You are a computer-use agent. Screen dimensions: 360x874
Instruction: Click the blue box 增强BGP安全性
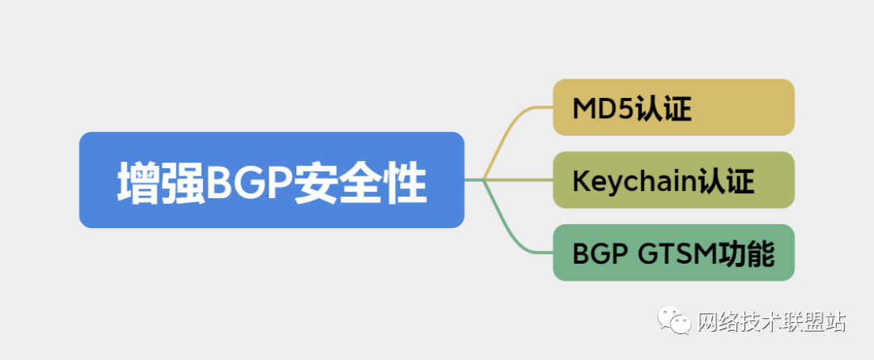tap(271, 180)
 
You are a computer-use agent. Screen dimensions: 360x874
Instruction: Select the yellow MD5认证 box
tap(673, 108)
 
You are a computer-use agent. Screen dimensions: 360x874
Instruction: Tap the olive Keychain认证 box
tap(673, 180)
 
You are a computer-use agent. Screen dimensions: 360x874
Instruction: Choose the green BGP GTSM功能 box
tap(673, 252)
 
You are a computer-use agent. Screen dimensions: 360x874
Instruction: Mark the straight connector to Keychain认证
tap(518, 180)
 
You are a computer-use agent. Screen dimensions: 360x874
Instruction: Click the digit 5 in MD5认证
tap(624, 108)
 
